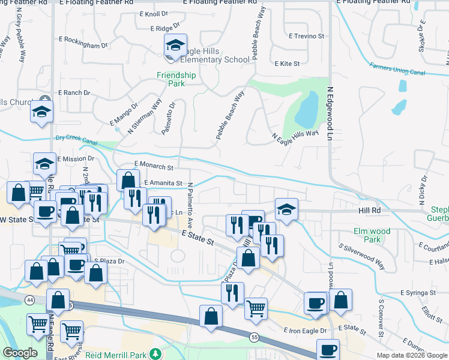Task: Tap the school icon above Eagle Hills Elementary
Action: coord(175,45)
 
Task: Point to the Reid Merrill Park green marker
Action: coord(156,353)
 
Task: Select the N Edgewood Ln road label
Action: coord(330,113)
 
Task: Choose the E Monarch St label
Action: coord(154,164)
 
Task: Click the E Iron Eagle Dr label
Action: coord(305,331)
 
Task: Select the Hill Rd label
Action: coord(370,211)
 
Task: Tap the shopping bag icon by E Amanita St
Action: coord(128,180)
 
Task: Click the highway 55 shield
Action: coord(255,338)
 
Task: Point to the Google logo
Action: coord(20,353)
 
